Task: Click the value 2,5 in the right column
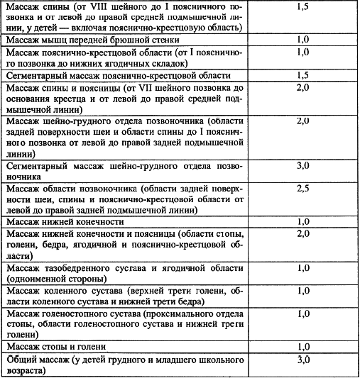click(x=302, y=189)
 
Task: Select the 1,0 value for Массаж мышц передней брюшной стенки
click(x=302, y=41)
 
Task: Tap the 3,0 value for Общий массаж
click(x=302, y=360)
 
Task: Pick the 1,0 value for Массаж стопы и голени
click(x=302, y=347)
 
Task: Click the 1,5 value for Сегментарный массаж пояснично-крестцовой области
click(x=302, y=74)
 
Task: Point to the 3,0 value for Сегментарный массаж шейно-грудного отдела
click(x=302, y=166)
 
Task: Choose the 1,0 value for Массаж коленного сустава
click(x=302, y=291)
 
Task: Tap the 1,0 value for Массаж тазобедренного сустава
click(x=302, y=267)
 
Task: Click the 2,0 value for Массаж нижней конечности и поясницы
click(x=302, y=233)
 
